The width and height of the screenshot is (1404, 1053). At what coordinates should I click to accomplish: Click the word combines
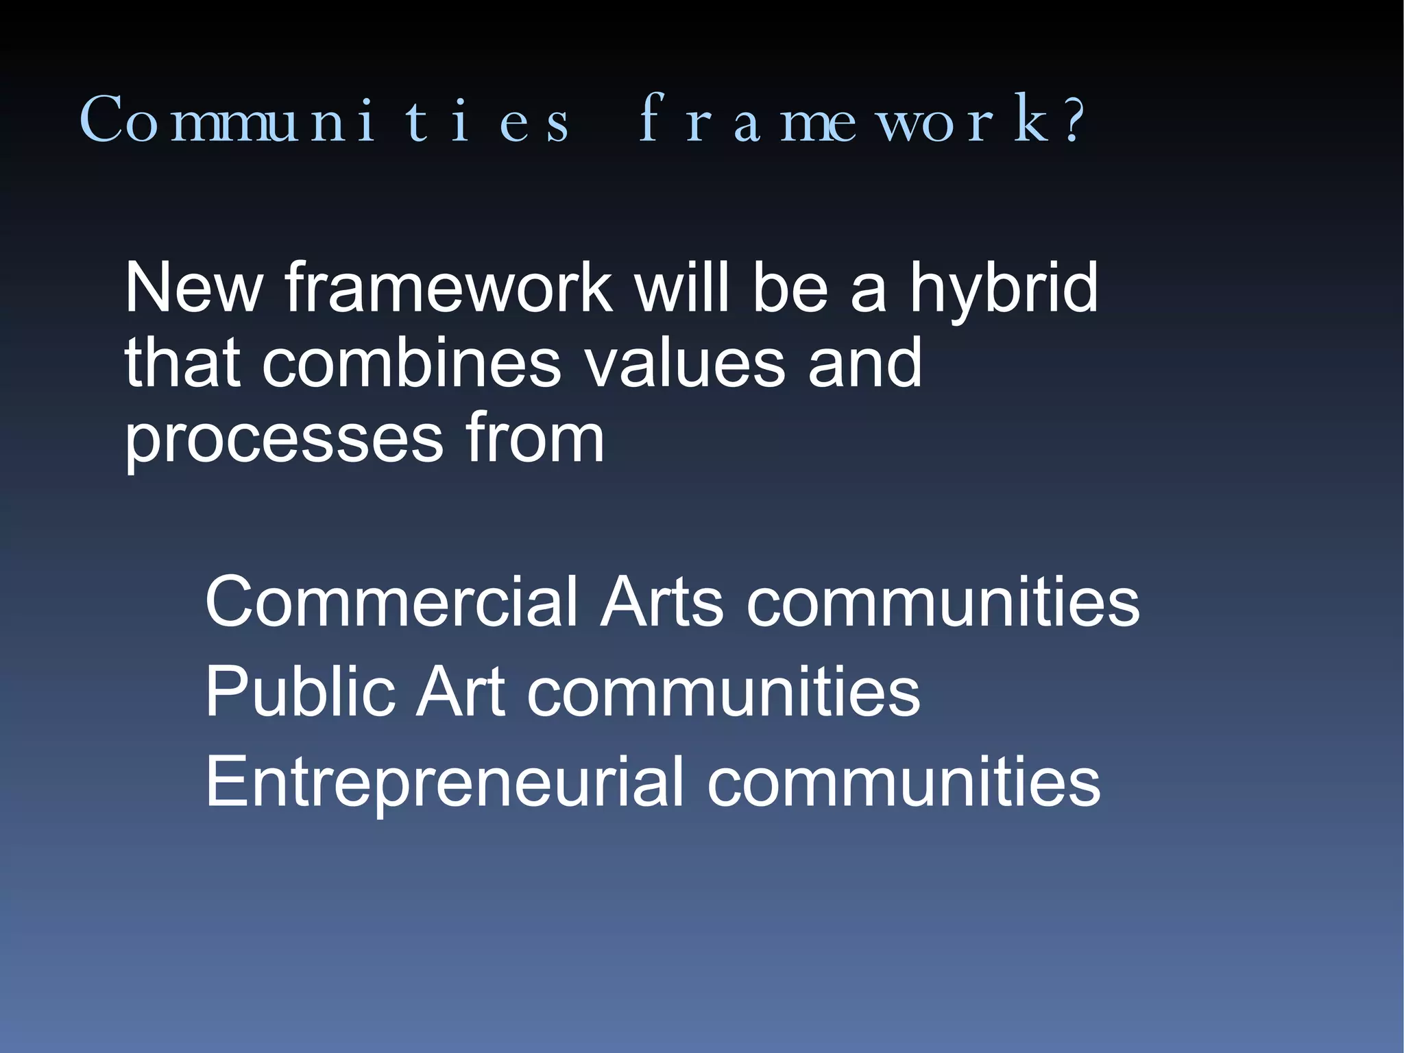411,364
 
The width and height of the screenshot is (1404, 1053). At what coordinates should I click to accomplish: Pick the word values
685,364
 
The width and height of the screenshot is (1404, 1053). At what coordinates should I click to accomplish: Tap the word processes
284,440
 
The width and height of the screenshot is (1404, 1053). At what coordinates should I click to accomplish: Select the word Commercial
391,602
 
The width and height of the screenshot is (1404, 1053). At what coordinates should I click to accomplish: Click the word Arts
662,602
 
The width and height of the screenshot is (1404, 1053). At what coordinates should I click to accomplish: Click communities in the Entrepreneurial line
904,782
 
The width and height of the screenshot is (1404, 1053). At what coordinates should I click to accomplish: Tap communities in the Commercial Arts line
943,602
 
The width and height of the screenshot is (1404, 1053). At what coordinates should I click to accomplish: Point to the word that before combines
182,364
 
